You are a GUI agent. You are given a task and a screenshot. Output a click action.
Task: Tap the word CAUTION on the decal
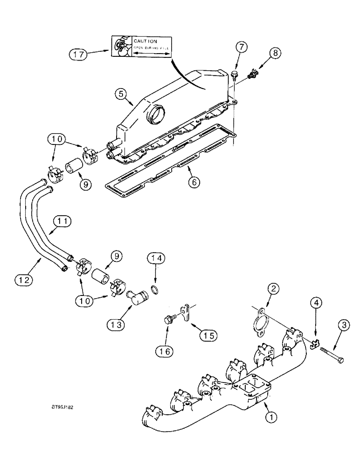[146, 41]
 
